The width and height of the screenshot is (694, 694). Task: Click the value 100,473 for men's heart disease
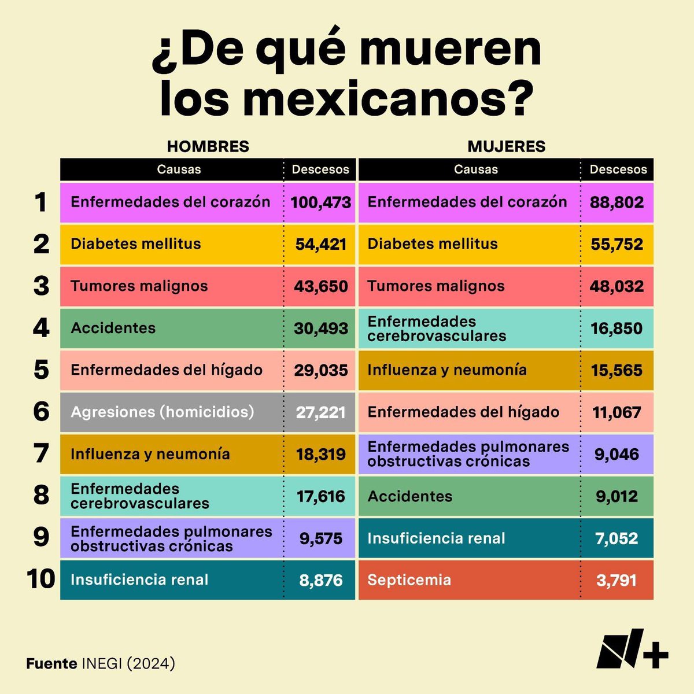pyautogui.click(x=320, y=202)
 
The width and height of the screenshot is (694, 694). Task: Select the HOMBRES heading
pyautogui.click(x=208, y=146)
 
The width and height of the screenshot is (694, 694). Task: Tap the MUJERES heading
pyautogui.click(x=506, y=146)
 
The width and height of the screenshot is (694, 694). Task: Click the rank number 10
pyautogui.click(x=41, y=579)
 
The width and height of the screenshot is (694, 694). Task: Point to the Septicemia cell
pyautogui.click(x=409, y=580)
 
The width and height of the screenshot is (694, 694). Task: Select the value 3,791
pyautogui.click(x=617, y=580)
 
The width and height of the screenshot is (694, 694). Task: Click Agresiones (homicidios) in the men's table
pyautogui.click(x=163, y=412)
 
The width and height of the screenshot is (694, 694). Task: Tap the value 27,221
pyautogui.click(x=320, y=412)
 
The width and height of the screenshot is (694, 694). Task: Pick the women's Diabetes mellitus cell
pyautogui.click(x=433, y=244)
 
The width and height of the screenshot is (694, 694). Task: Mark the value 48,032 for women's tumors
pyautogui.click(x=617, y=286)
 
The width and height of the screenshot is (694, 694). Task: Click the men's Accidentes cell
pyautogui.click(x=113, y=328)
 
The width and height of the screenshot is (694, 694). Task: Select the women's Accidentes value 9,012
pyautogui.click(x=617, y=496)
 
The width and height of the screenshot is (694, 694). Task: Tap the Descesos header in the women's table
pyautogui.click(x=618, y=169)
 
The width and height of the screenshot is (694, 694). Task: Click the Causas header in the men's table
pyautogui.click(x=179, y=169)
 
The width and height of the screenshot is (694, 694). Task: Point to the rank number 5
pyautogui.click(x=41, y=370)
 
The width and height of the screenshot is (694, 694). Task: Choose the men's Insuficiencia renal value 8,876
pyautogui.click(x=320, y=580)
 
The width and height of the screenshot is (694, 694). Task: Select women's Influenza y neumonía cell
pyautogui.click(x=447, y=370)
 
